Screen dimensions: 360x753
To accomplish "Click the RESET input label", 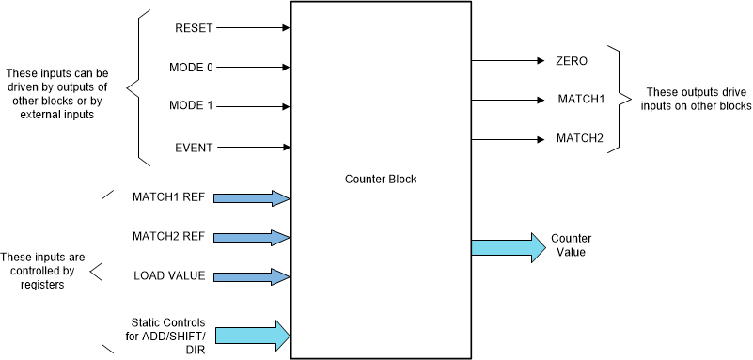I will (x=195, y=28).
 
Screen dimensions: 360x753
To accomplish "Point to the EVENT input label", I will (x=194, y=147).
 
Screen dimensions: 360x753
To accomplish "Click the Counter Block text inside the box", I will (x=380, y=179).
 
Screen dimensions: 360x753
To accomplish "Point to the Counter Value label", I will (x=571, y=246).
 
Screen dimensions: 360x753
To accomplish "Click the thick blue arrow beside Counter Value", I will (x=508, y=247).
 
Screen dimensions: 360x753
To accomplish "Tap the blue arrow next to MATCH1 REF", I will (x=253, y=197).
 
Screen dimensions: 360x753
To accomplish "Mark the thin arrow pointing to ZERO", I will (x=508, y=61).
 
